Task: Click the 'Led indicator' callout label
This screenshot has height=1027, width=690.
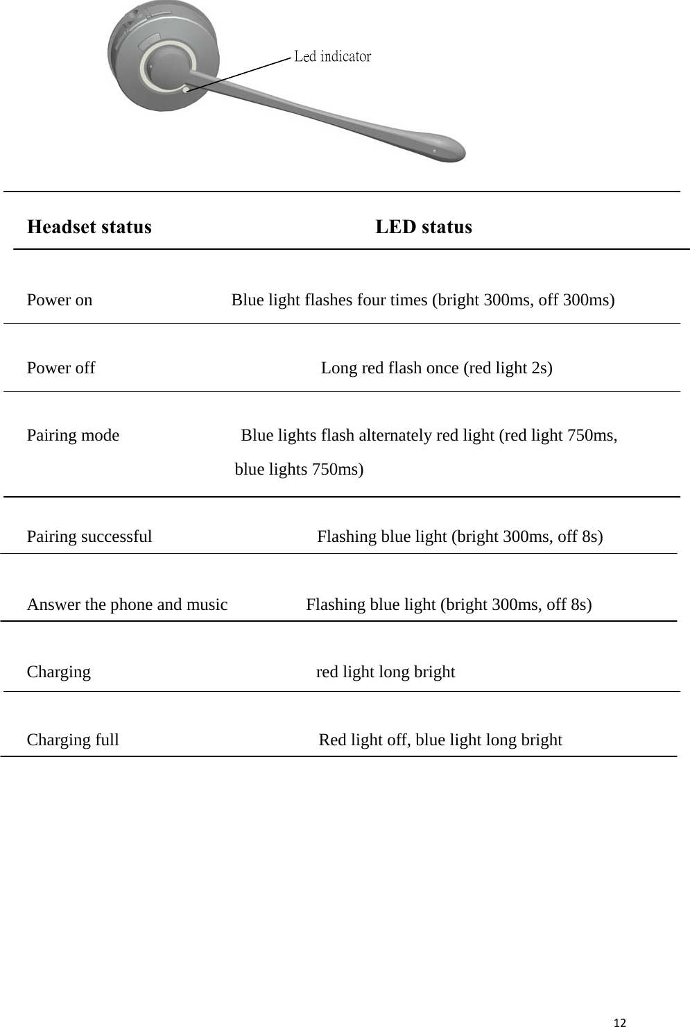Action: coord(332,56)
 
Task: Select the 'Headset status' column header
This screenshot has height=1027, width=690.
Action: coord(89,227)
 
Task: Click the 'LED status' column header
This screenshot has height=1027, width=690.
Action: coord(424,227)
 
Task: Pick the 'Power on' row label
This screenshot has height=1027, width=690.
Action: coord(60,300)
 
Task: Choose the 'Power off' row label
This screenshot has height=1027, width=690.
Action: coord(61,368)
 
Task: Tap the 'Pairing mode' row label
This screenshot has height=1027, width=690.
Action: coord(73,435)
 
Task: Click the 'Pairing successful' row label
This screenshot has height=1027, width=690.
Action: coord(89,536)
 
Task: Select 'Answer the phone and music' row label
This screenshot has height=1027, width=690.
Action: coord(127,604)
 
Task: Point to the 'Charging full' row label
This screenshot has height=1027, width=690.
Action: coord(73,740)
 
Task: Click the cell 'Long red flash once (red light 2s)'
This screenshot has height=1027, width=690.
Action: coord(436,368)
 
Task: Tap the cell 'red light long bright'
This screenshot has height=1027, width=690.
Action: coord(386,672)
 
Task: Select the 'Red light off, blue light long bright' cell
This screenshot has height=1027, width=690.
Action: coord(440,740)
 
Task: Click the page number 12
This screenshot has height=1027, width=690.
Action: coord(620,1022)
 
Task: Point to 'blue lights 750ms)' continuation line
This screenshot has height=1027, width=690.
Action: coord(299,469)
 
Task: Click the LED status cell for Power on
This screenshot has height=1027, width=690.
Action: coord(423,300)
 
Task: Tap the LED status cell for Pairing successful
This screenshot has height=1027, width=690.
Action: coord(460,536)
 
